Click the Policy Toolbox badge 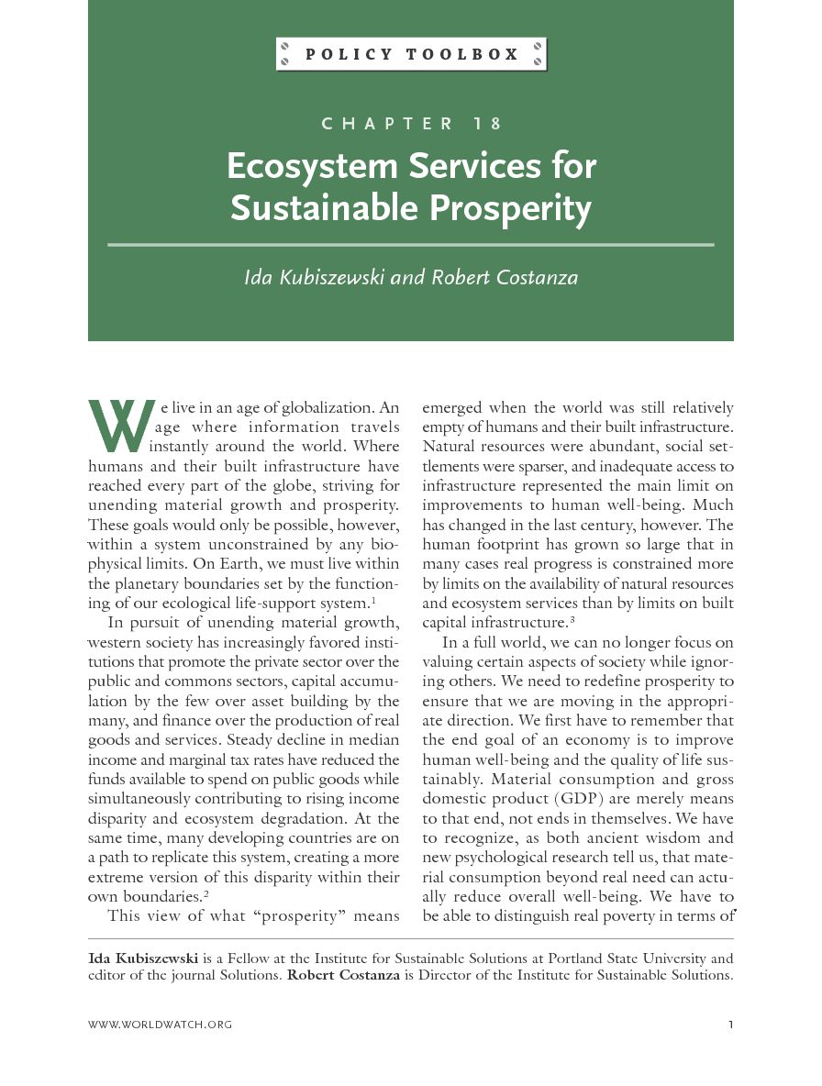point(411,55)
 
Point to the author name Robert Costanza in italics point(505,276)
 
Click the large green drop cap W point(117,427)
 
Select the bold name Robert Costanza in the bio point(343,975)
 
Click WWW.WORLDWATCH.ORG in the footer point(160,1025)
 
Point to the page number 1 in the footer point(730,1025)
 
